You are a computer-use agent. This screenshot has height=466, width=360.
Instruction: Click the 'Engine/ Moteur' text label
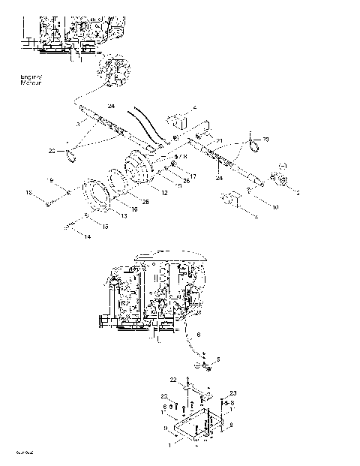point(31,80)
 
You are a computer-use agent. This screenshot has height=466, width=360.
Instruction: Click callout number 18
point(29,194)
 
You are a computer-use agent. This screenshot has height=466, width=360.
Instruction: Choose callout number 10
point(253,206)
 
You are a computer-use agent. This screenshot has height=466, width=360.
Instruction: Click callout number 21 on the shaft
point(220,140)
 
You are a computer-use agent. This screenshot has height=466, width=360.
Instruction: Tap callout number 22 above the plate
point(172,380)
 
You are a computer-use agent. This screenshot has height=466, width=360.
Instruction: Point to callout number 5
point(218,359)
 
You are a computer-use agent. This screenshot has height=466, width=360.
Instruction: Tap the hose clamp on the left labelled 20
point(72,156)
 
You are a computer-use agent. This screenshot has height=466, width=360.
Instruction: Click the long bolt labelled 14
point(73,224)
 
